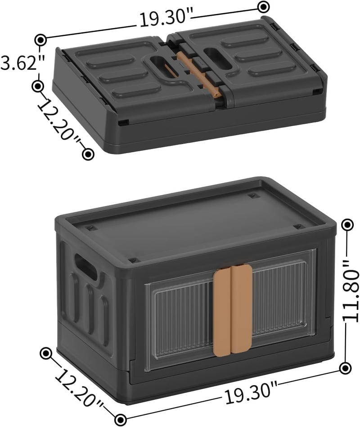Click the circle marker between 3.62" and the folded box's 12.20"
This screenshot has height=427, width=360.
tap(38, 86)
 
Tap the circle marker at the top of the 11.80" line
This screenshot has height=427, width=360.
tap(347, 225)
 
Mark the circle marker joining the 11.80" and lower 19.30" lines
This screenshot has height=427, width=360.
tap(345, 368)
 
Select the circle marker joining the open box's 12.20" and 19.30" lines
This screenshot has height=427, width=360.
tap(121, 418)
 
